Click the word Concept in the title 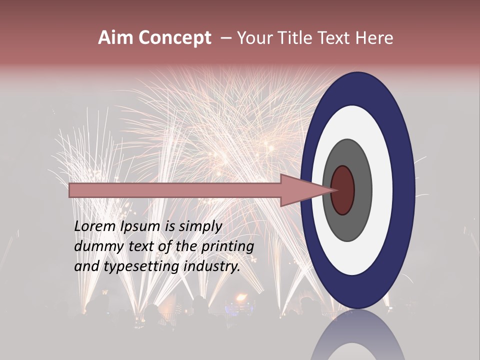174,38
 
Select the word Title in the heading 295,38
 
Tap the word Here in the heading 374,38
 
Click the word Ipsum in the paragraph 141,226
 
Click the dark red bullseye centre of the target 342,190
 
